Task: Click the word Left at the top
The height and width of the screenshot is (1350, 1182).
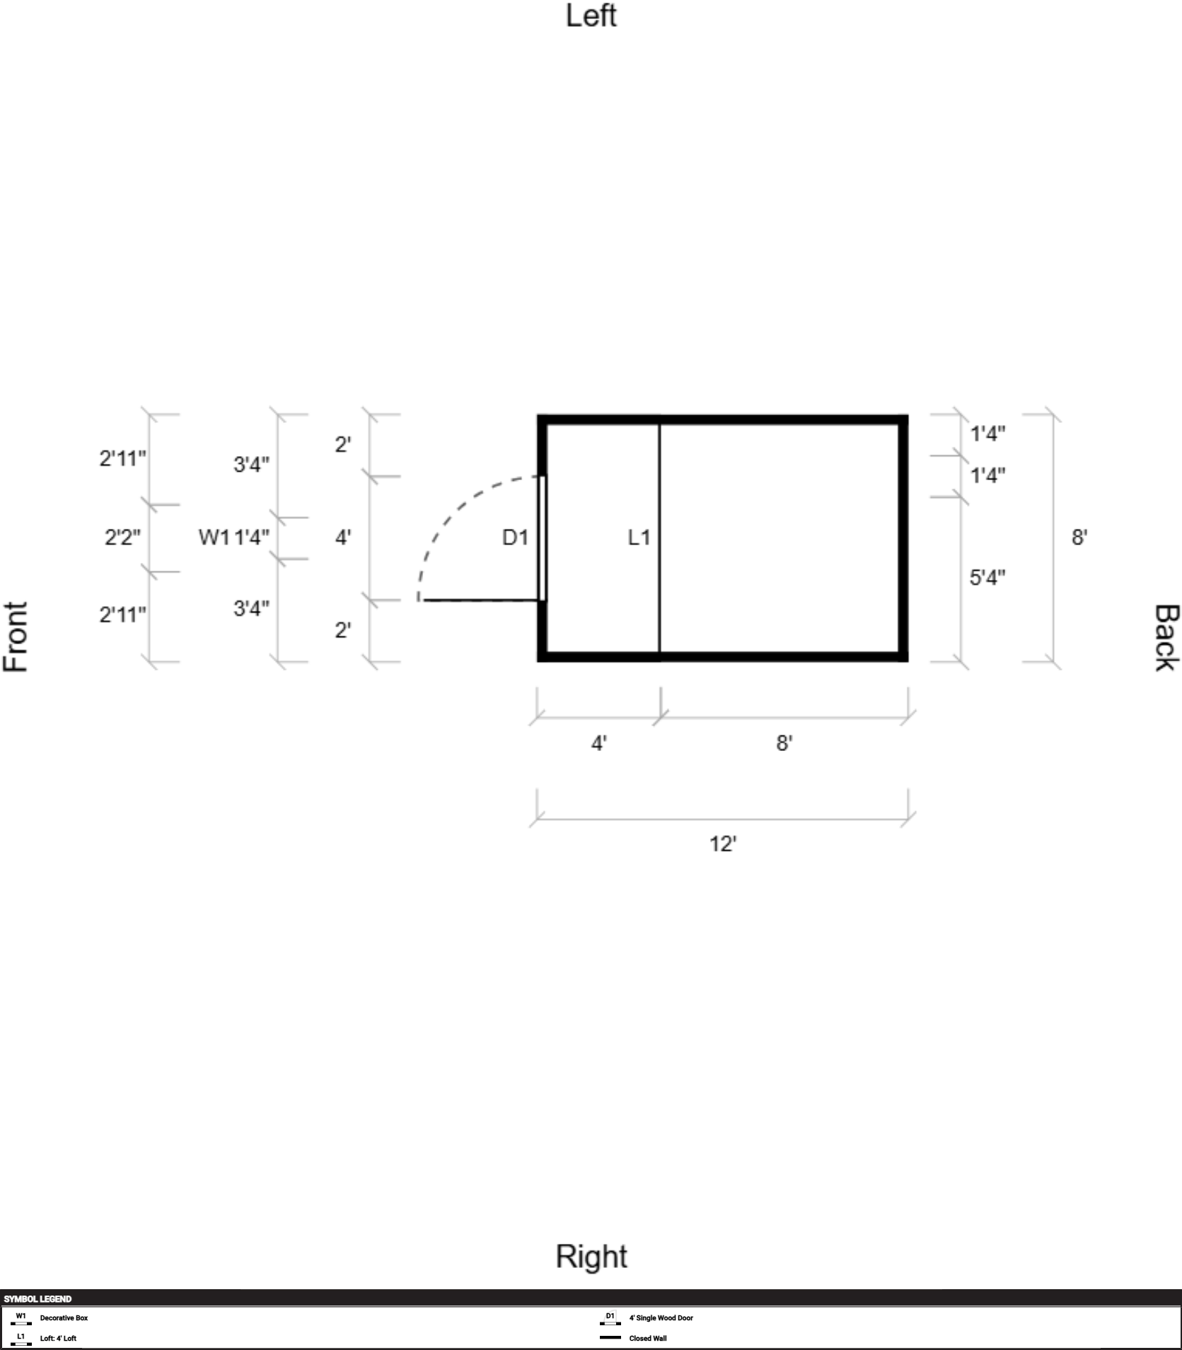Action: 591,16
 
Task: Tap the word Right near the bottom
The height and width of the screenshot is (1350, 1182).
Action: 591,1257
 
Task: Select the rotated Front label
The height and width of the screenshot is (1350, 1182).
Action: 16,636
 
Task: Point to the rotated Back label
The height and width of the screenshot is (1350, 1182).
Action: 1166,637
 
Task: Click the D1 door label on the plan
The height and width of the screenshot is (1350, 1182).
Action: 515,538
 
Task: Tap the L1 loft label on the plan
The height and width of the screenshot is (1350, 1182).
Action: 639,538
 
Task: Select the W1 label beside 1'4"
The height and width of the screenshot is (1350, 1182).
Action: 214,537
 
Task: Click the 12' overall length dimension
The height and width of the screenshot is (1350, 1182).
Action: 723,844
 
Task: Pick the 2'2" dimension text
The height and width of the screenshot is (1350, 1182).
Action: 122,537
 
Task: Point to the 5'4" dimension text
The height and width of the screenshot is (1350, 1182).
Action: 987,578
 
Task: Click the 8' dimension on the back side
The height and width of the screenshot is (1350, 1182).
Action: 1079,537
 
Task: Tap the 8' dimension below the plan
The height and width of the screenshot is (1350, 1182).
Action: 784,743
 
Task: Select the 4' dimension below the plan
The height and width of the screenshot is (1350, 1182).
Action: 599,743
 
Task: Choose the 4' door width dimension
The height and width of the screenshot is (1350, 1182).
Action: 343,537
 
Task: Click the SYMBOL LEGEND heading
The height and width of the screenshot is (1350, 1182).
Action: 37,1299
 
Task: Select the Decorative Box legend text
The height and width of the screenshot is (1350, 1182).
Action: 64,1318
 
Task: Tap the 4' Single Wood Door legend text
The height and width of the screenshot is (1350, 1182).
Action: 661,1318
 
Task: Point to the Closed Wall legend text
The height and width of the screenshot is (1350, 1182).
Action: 648,1338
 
